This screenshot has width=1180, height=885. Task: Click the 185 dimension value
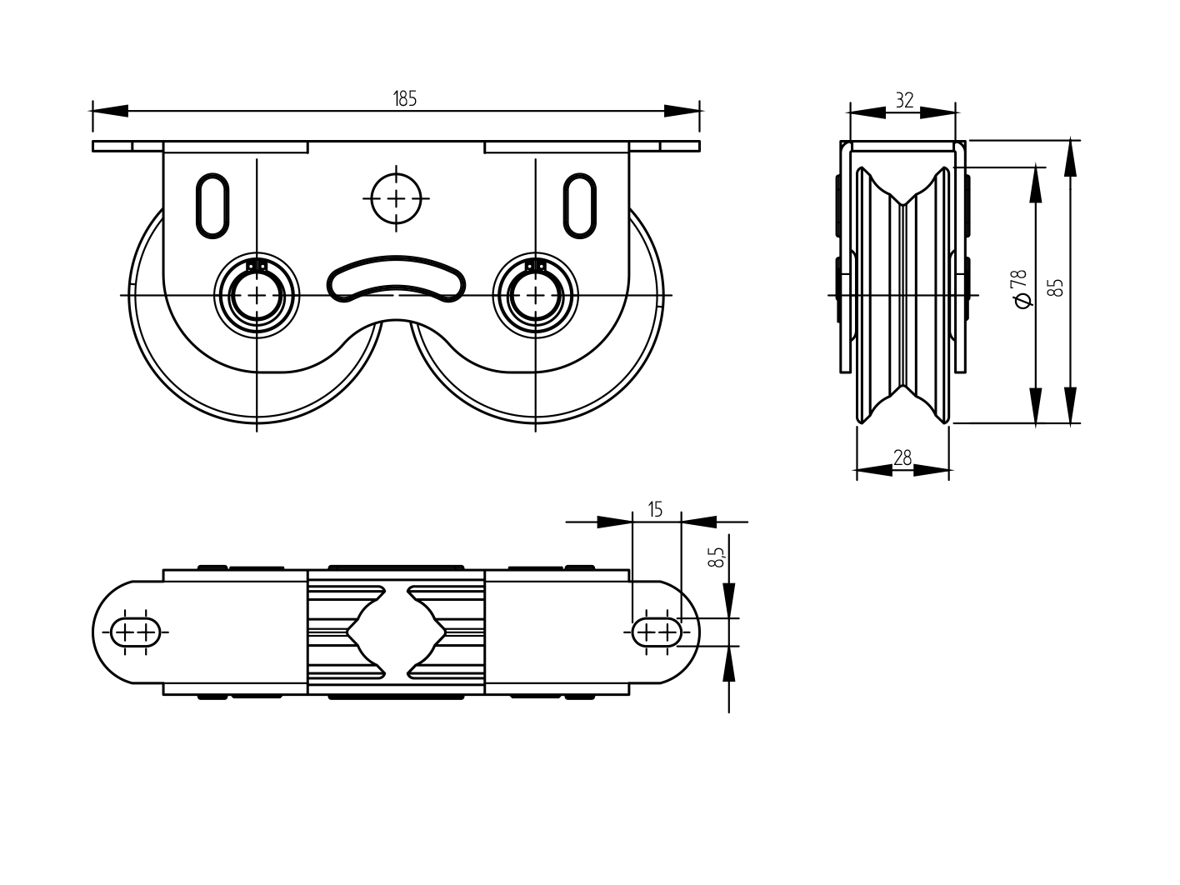point(405,99)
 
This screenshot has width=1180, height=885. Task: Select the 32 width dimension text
point(904,100)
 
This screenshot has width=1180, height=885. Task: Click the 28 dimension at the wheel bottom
point(902,457)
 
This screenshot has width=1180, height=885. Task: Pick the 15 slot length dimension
point(656,509)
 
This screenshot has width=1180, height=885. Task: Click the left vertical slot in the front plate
point(212,204)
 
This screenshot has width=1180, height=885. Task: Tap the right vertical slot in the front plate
point(580,204)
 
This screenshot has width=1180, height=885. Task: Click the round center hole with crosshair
point(396,198)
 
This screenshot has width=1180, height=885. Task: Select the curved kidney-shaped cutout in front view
point(396,277)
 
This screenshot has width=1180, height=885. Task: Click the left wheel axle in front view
point(257,296)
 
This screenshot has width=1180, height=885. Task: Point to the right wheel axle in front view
point(535,296)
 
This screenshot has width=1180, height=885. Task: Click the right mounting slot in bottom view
point(657,632)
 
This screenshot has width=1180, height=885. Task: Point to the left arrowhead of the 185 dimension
point(108,111)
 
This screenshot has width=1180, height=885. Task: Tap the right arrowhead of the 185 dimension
point(682,111)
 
